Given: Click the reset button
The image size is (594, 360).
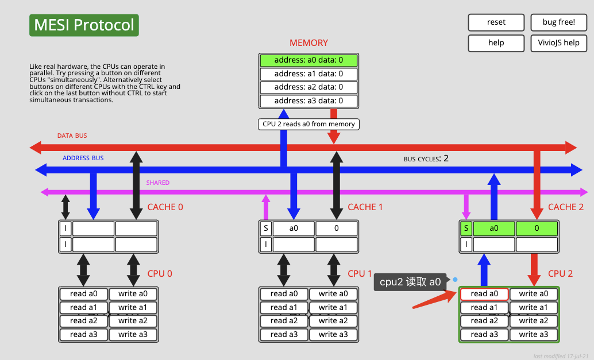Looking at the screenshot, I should (496, 22).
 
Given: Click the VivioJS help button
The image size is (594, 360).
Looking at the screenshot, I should (559, 43).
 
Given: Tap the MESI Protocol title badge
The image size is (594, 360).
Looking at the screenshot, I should (84, 25).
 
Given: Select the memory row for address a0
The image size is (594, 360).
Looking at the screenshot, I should (308, 60).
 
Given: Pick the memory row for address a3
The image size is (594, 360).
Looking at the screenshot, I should (308, 101).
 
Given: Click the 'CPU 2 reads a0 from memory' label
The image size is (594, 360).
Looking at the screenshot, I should (308, 124).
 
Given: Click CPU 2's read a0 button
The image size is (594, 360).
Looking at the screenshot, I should (484, 294).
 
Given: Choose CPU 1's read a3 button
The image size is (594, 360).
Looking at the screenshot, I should (284, 334).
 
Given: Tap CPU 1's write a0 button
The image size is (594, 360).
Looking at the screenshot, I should (333, 294).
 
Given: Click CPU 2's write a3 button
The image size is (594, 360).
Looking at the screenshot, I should (534, 334).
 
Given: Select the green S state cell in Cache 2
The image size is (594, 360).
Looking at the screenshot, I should (466, 229).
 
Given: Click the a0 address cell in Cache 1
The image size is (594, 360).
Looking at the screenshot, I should (294, 229).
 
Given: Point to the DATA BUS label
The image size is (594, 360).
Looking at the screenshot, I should (72, 136).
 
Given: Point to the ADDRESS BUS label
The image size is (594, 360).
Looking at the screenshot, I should (83, 158).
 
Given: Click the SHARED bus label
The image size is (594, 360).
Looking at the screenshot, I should (158, 183).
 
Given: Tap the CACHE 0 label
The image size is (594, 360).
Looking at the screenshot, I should (165, 207).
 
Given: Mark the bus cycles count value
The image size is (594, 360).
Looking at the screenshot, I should (446, 158).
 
